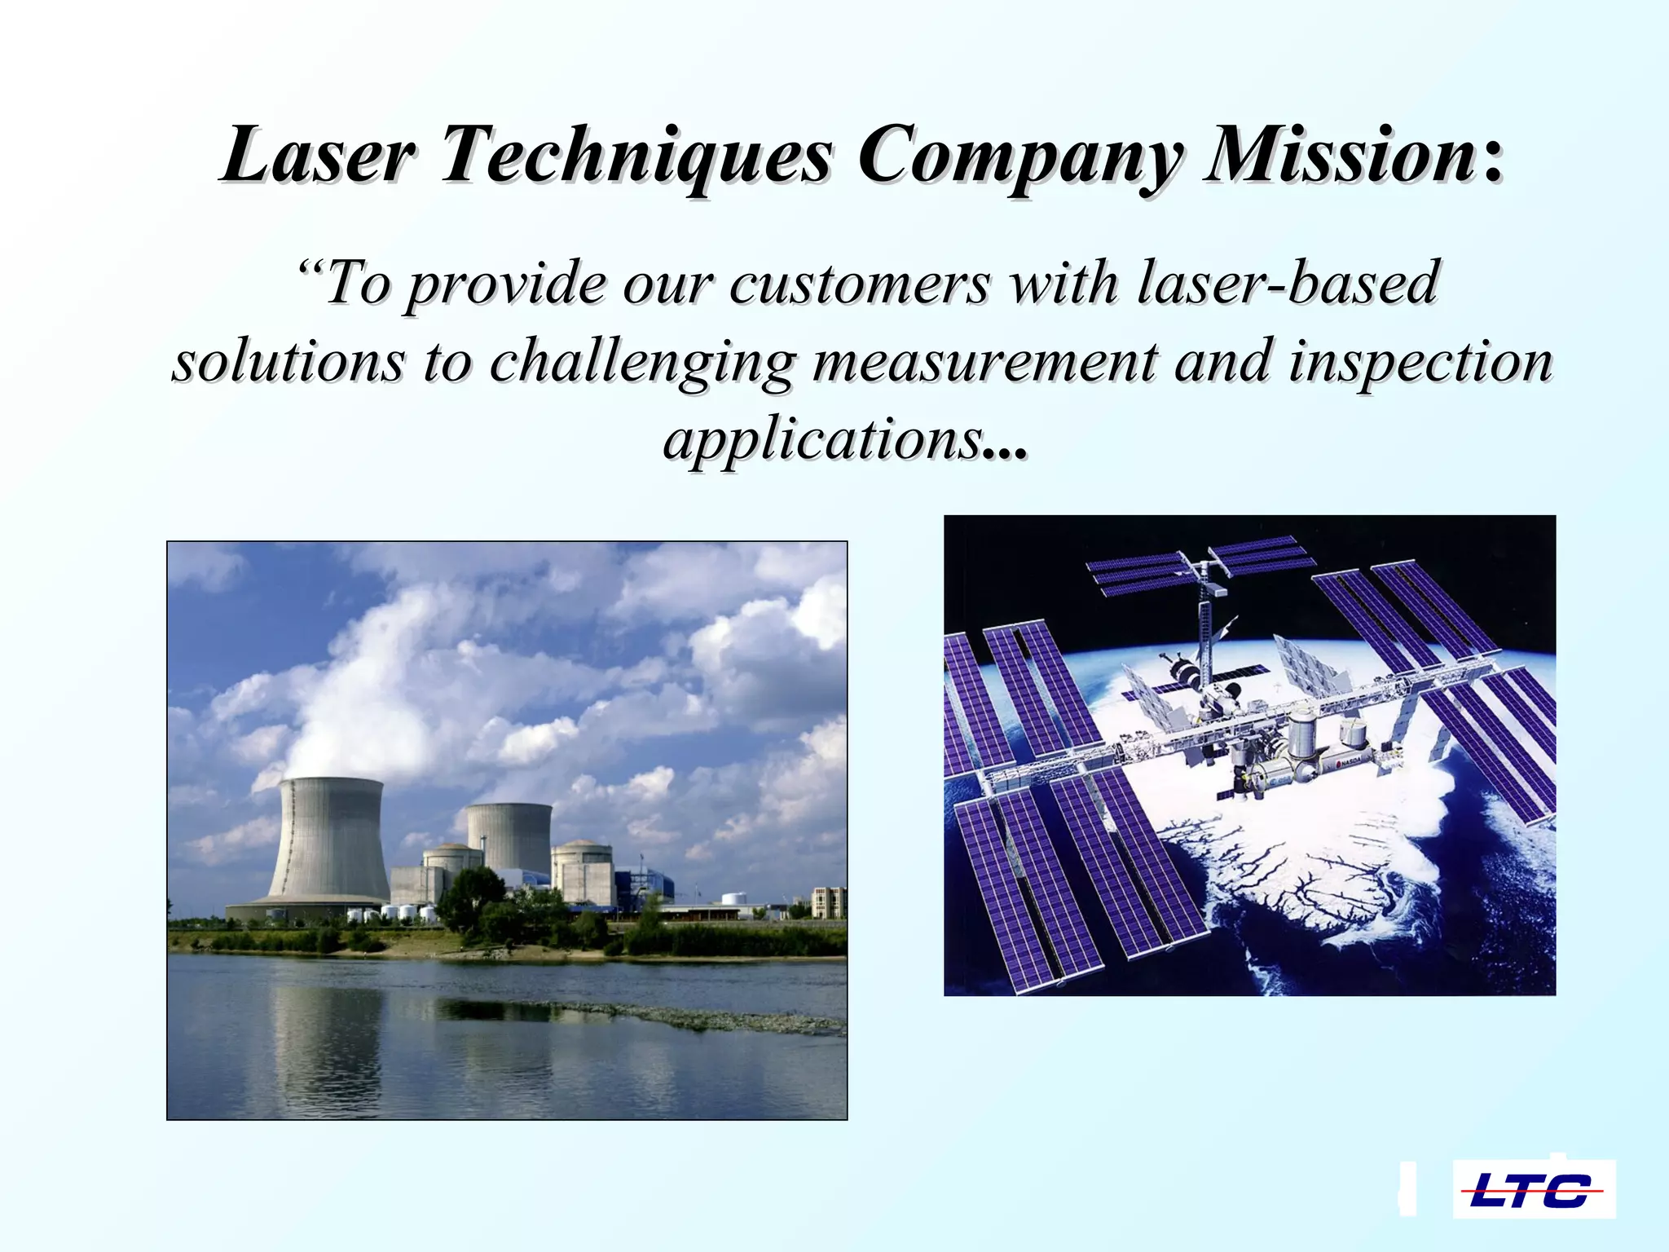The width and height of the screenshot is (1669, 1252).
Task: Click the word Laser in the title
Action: pyautogui.click(x=318, y=155)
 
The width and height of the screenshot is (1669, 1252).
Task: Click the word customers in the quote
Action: pyautogui.click(x=860, y=284)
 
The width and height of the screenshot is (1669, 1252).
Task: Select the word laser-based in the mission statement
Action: pyautogui.click(x=1288, y=282)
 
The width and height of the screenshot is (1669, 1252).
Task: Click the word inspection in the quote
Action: pyautogui.click(x=1421, y=364)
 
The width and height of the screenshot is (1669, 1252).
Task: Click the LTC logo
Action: pyautogui.click(x=1534, y=1191)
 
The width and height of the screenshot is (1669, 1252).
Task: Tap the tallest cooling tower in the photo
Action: pyautogui.click(x=329, y=840)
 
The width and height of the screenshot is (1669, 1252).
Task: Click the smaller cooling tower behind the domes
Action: pyautogui.click(x=510, y=835)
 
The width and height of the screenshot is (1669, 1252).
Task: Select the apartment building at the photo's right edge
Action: pyautogui.click(x=828, y=902)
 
